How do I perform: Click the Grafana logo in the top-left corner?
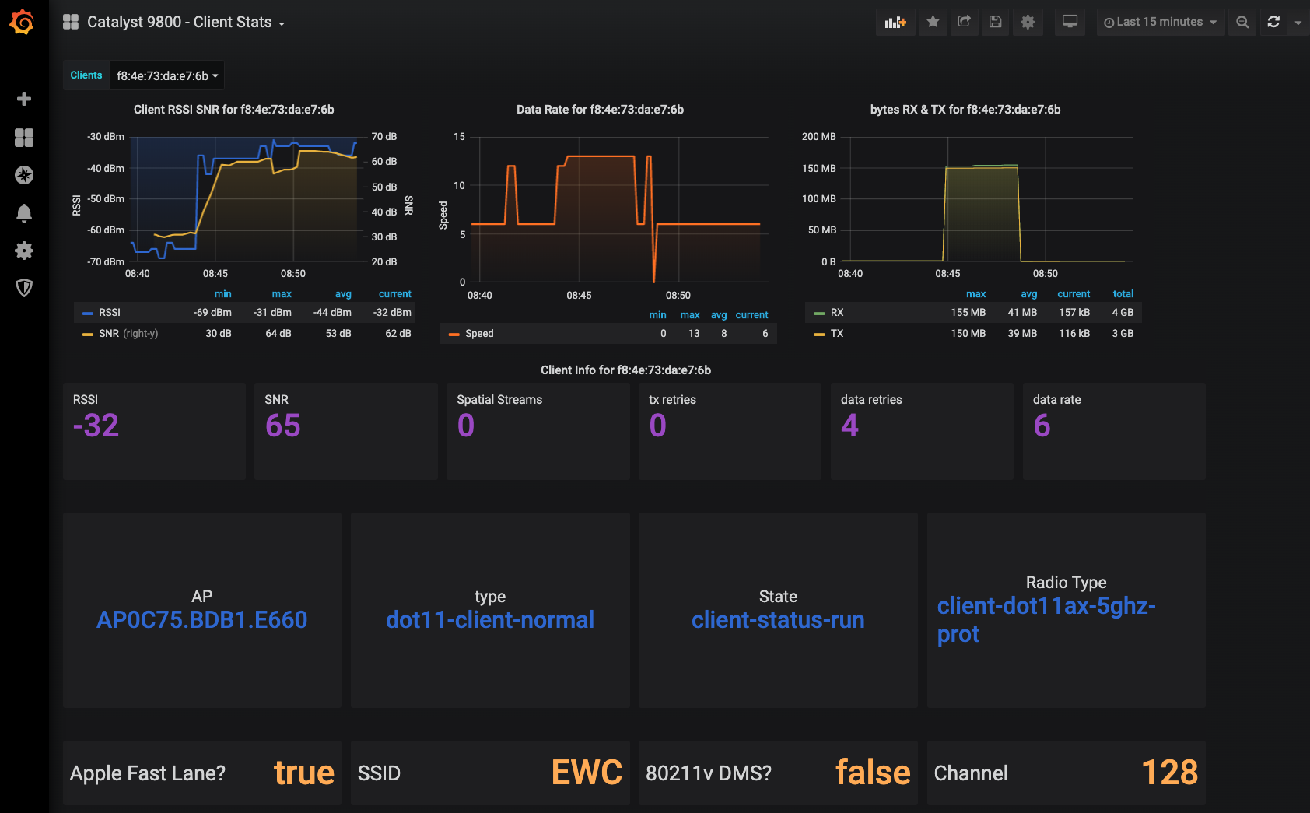click(x=22, y=22)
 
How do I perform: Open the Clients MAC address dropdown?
click(x=166, y=75)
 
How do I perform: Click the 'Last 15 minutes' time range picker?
click(x=1160, y=22)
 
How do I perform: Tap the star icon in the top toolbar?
click(x=933, y=22)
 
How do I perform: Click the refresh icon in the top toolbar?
click(x=1273, y=22)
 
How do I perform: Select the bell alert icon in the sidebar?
click(x=24, y=213)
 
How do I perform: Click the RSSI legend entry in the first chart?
click(x=109, y=312)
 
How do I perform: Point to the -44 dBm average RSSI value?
click(x=332, y=312)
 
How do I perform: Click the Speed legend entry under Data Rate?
click(x=479, y=333)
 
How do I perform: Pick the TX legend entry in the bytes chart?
click(x=836, y=333)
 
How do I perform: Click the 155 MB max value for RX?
click(x=968, y=312)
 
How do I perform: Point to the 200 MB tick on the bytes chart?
click(x=818, y=136)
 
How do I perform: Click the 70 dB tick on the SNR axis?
click(x=384, y=136)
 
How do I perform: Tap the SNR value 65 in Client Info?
click(x=283, y=426)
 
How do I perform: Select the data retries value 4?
click(x=849, y=426)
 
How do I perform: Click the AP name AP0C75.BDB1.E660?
click(x=202, y=619)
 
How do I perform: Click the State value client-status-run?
click(x=778, y=619)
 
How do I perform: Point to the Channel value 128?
click(x=1169, y=772)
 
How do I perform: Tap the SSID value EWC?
click(x=587, y=772)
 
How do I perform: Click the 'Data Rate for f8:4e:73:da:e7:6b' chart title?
click(x=600, y=110)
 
